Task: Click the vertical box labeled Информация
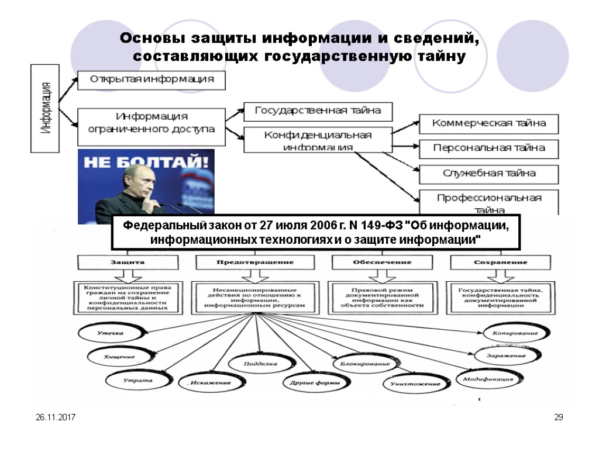pyautogui.click(x=45, y=109)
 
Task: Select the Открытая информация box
pyautogui.click(x=152, y=80)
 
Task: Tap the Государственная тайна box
pyautogui.click(x=318, y=110)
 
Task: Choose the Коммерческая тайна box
pyautogui.click(x=489, y=123)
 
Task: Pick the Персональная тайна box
pyautogui.click(x=489, y=148)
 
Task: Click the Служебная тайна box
pyautogui.click(x=489, y=174)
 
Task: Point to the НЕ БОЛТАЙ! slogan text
pyautogui.click(x=146, y=162)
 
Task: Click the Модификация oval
pyautogui.click(x=488, y=379)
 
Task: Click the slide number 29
pyautogui.click(x=559, y=417)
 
